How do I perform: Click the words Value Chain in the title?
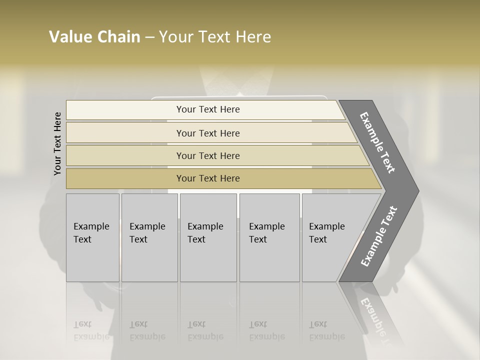(x=94, y=37)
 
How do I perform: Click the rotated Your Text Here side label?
(x=57, y=144)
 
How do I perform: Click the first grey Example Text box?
(x=92, y=237)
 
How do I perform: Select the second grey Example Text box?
(x=149, y=237)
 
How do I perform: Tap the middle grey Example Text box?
(x=208, y=237)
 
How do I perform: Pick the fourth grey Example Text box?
(x=269, y=237)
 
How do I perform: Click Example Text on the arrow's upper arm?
(x=378, y=142)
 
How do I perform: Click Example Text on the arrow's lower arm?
(x=379, y=236)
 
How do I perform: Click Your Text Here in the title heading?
(x=215, y=37)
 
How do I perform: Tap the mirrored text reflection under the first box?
(x=91, y=330)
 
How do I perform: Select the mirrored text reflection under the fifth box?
(x=326, y=330)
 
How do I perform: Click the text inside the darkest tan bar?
(x=208, y=178)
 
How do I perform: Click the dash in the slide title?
(x=149, y=37)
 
